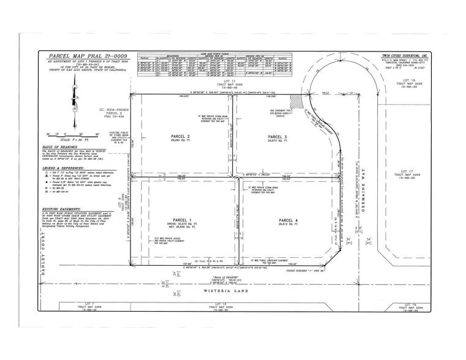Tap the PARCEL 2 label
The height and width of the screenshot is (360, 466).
point(180,136)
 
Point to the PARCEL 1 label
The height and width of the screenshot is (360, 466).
point(182,220)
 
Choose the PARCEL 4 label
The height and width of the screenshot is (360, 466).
point(288,220)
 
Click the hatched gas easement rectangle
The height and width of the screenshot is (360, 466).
point(296,99)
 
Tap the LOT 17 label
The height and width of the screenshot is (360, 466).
point(408,171)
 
